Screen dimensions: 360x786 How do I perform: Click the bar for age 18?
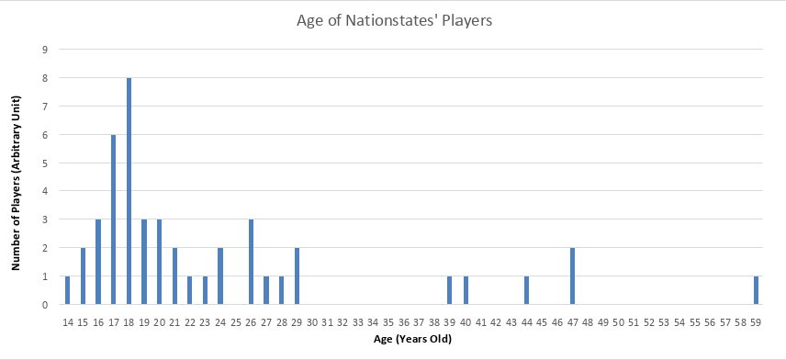point(129,191)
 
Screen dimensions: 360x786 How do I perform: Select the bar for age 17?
point(114,219)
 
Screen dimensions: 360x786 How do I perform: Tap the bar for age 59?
point(756,290)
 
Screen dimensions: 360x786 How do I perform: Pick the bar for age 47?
point(572,276)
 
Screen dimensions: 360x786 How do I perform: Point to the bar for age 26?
point(251,262)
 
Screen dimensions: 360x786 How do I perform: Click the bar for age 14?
point(68,290)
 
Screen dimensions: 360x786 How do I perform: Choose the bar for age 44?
point(526,290)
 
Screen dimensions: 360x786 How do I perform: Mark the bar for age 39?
point(450,290)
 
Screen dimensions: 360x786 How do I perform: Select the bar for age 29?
point(297,276)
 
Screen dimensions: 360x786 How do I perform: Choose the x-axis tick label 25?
point(236,321)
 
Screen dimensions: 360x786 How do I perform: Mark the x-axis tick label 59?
point(756,321)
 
